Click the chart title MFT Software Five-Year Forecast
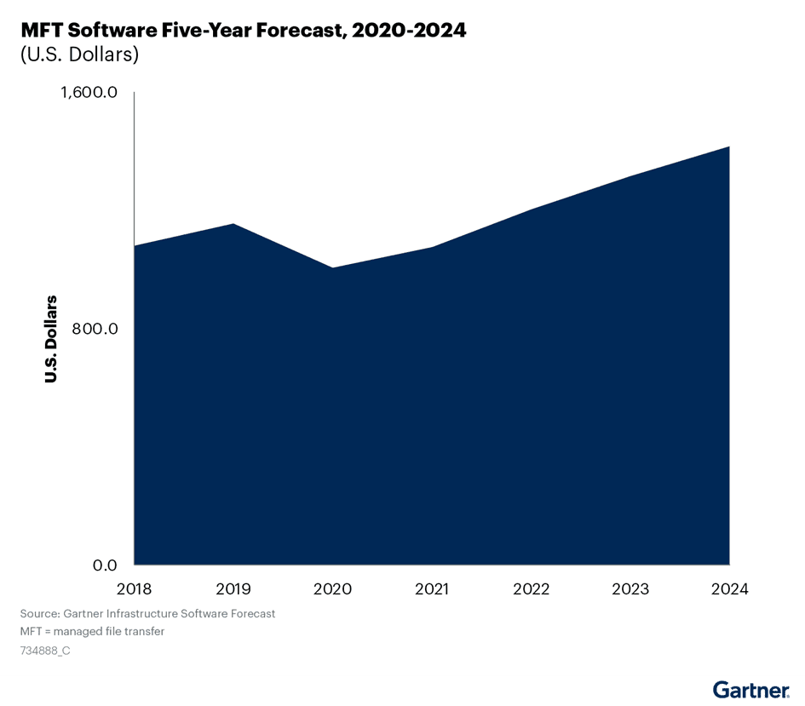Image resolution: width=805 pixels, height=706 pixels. (244, 31)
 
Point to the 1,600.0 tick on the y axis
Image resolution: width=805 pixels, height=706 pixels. (88, 93)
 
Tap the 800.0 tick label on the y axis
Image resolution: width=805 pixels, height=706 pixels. (93, 329)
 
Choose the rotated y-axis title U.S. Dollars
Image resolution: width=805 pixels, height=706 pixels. (51, 339)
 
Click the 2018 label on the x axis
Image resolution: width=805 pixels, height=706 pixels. (135, 589)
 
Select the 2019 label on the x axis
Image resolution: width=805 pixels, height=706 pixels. (233, 589)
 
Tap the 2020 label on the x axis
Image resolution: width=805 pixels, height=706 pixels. (332, 589)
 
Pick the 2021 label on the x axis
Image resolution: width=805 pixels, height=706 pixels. (432, 589)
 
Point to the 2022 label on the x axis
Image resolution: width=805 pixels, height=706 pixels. (531, 589)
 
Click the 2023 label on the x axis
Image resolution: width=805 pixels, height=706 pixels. (630, 589)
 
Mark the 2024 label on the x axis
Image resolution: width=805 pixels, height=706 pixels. (728, 589)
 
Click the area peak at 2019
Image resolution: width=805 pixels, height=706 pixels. (233, 225)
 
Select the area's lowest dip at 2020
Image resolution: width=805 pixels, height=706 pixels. (332, 269)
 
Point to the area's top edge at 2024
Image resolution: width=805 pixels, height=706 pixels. (727, 148)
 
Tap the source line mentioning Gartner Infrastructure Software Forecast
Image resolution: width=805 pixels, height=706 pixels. (147, 613)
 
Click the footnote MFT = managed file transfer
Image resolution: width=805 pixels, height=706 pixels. (92, 632)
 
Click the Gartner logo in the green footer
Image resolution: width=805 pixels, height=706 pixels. (750, 690)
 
